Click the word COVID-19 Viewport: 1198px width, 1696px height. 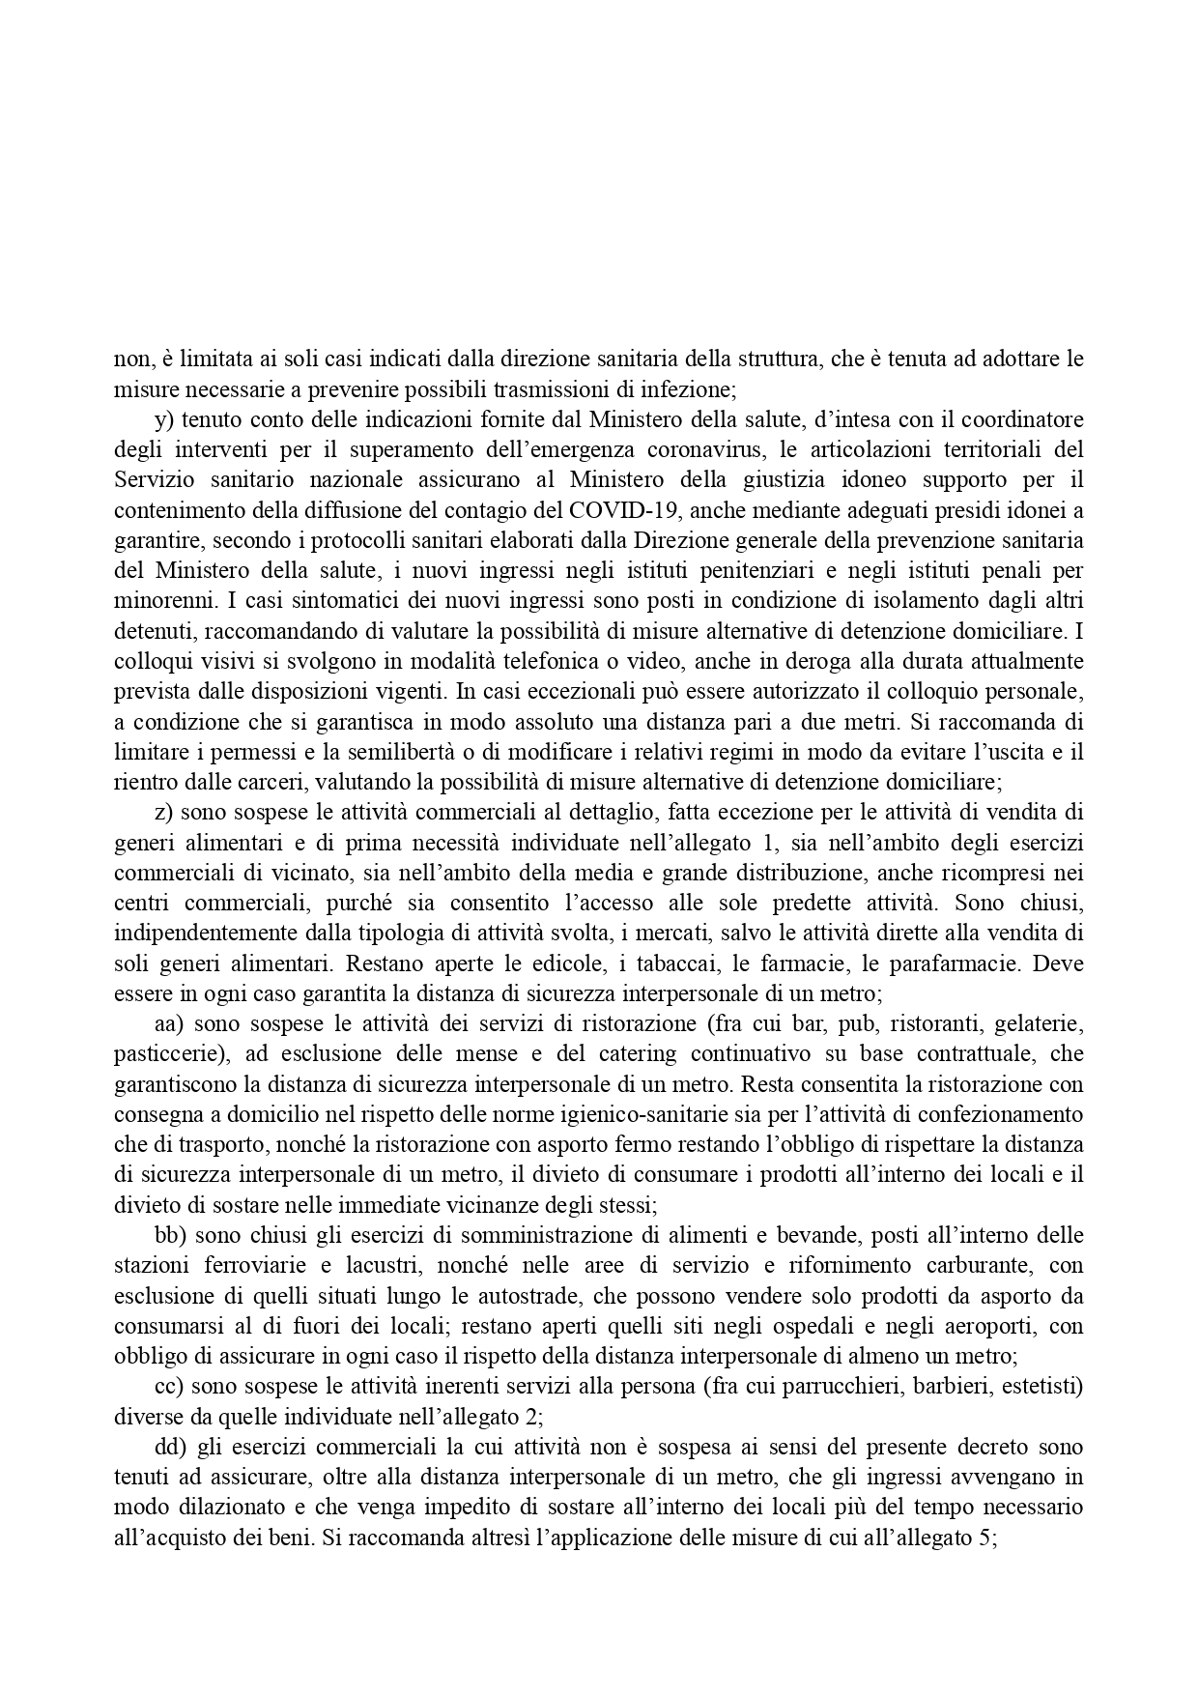coord(625,510)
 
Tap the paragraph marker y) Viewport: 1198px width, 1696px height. coord(164,419)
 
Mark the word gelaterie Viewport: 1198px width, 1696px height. coord(1038,1023)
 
